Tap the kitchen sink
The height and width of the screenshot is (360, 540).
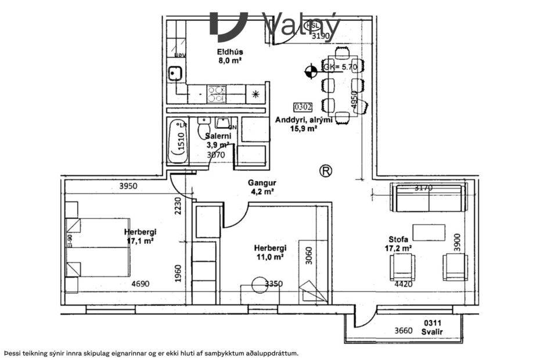[x=175, y=73]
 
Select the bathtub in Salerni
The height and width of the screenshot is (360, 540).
[x=178, y=141]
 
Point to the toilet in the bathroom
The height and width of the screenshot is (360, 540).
[x=203, y=127]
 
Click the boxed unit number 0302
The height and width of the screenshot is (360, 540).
[x=303, y=107]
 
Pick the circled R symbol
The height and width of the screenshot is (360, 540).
[x=326, y=171]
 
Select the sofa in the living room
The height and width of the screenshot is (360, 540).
[x=429, y=198]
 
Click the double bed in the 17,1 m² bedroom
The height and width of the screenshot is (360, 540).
[x=99, y=247]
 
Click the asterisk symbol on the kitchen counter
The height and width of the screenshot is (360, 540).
[x=255, y=93]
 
